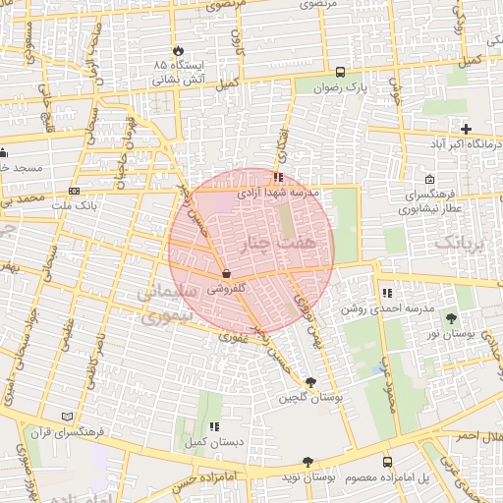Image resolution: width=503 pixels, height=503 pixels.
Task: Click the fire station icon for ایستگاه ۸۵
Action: tap(178, 50)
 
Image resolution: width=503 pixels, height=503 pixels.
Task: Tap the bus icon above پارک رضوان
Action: tap(340, 72)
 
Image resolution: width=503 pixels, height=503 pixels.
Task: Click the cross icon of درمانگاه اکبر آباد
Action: tap(466, 129)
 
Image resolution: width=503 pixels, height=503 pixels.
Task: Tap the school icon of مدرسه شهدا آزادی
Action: tap(279, 178)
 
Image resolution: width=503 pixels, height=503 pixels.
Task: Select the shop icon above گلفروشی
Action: tap(228, 274)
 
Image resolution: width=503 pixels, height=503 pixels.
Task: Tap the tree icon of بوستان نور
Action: tap(450, 317)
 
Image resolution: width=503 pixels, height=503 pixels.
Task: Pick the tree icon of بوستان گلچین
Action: tap(311, 382)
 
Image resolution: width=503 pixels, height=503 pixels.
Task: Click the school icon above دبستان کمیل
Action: tap(213, 426)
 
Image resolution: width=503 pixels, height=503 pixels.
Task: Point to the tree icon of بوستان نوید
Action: tap(307, 461)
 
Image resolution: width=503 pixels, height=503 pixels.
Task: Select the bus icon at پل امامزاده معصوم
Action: tap(386, 461)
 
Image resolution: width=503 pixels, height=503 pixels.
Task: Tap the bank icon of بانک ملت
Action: tap(75, 191)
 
